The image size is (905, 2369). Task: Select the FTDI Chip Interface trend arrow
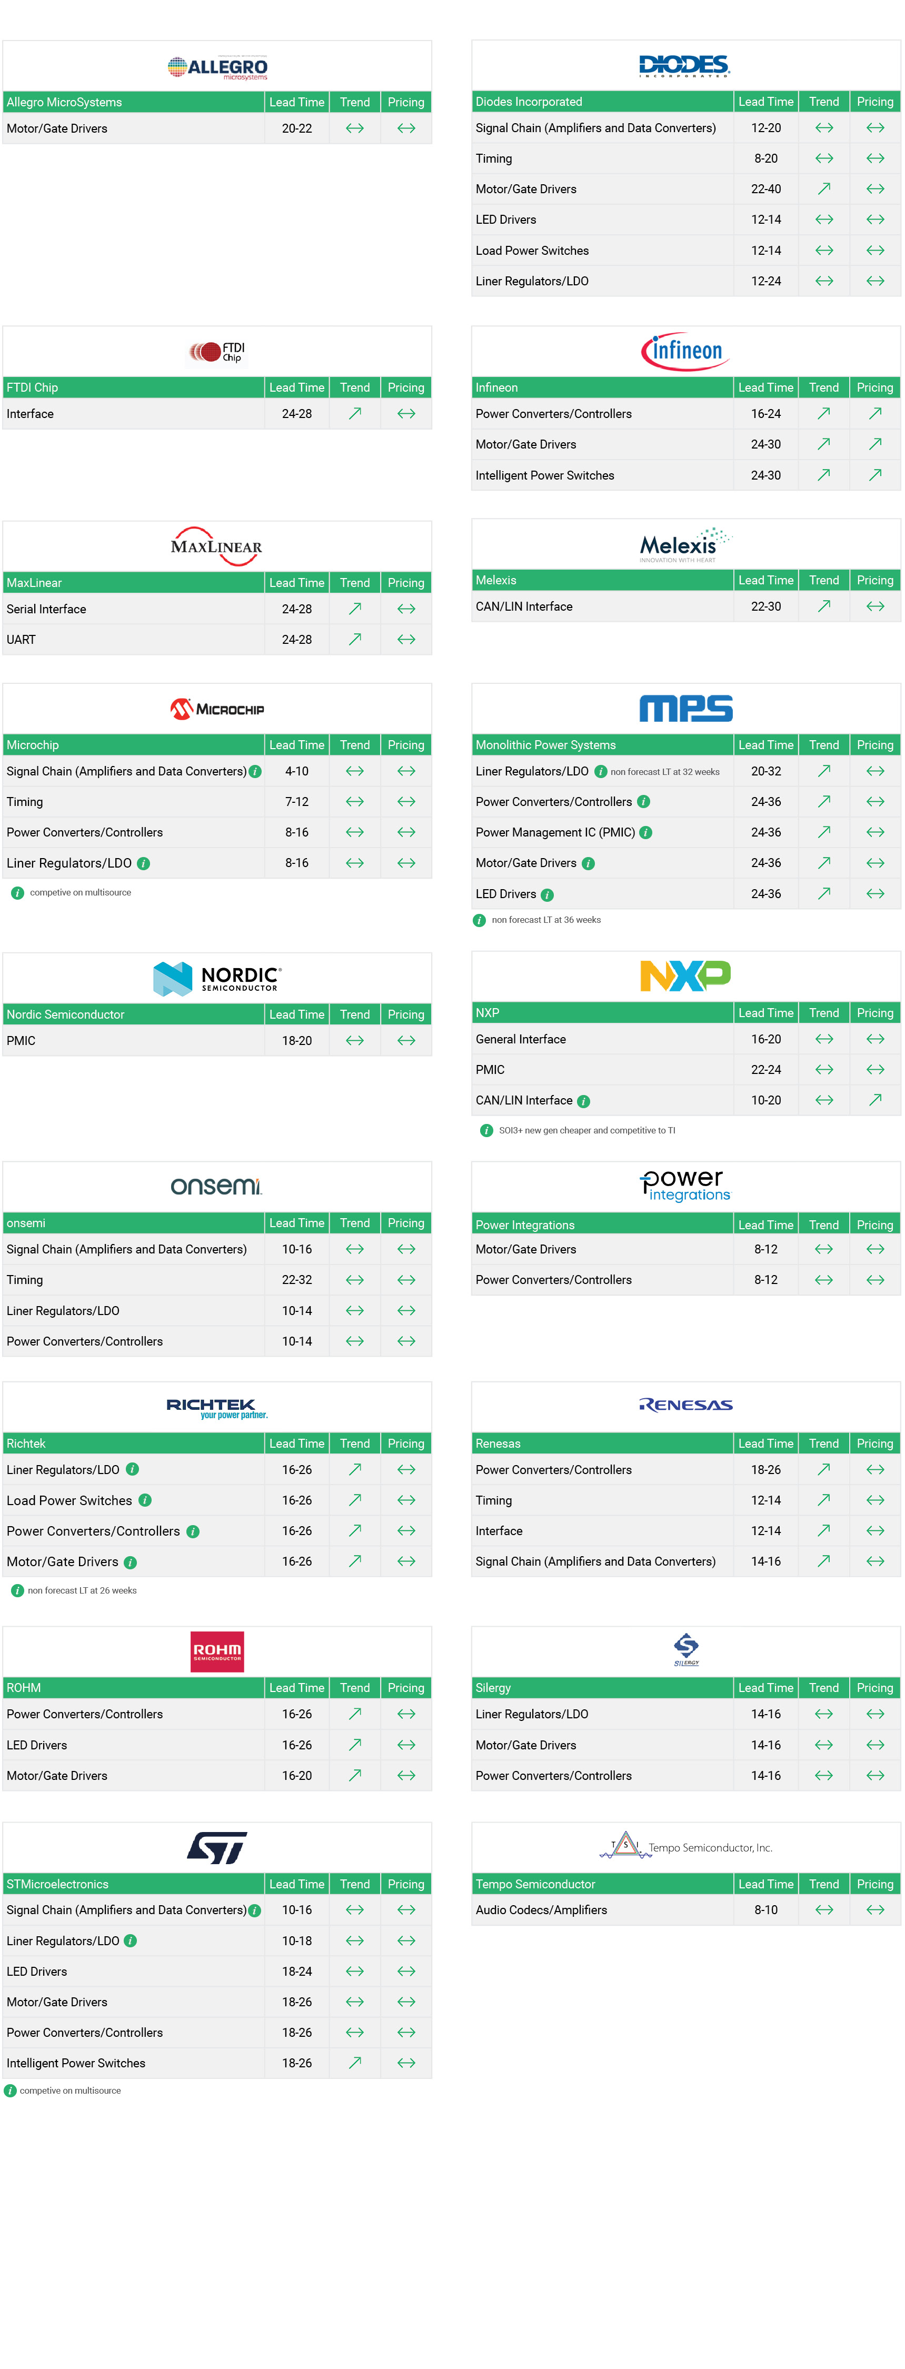[x=354, y=414]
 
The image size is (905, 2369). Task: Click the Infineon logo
[x=685, y=351]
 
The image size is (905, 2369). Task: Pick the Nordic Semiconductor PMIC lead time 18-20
[x=296, y=1041]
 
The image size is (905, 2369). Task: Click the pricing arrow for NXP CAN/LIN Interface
[x=874, y=1100]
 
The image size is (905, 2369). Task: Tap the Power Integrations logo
[x=685, y=1186]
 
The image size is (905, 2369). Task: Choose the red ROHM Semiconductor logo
[x=217, y=1651]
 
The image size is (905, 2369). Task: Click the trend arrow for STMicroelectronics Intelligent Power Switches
[x=354, y=2063]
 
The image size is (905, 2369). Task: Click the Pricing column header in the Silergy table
[x=874, y=1688]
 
